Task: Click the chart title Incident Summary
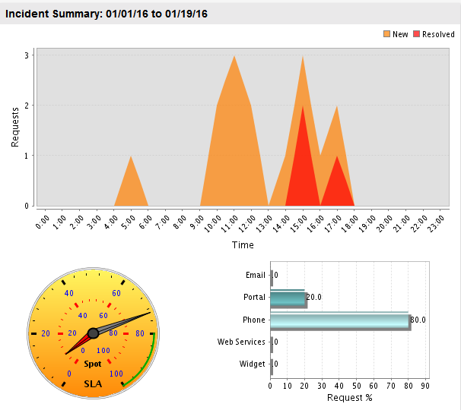pyautogui.click(x=107, y=14)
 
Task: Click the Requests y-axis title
pyautogui.click(x=15, y=126)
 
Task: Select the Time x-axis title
pyautogui.click(x=243, y=244)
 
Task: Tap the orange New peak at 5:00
pyautogui.click(x=131, y=182)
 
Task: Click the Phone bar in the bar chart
pyautogui.click(x=339, y=320)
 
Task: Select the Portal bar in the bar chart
pyautogui.click(x=287, y=298)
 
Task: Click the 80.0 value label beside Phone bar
pyautogui.click(x=418, y=320)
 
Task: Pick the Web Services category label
pyautogui.click(x=241, y=342)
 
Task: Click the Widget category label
pyautogui.click(x=252, y=364)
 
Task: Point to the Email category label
pyautogui.click(x=256, y=276)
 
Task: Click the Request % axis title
pyautogui.click(x=350, y=397)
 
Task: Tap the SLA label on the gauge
pyautogui.click(x=92, y=383)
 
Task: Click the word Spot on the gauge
pyautogui.click(x=92, y=364)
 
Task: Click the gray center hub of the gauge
pyautogui.click(x=93, y=333)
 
